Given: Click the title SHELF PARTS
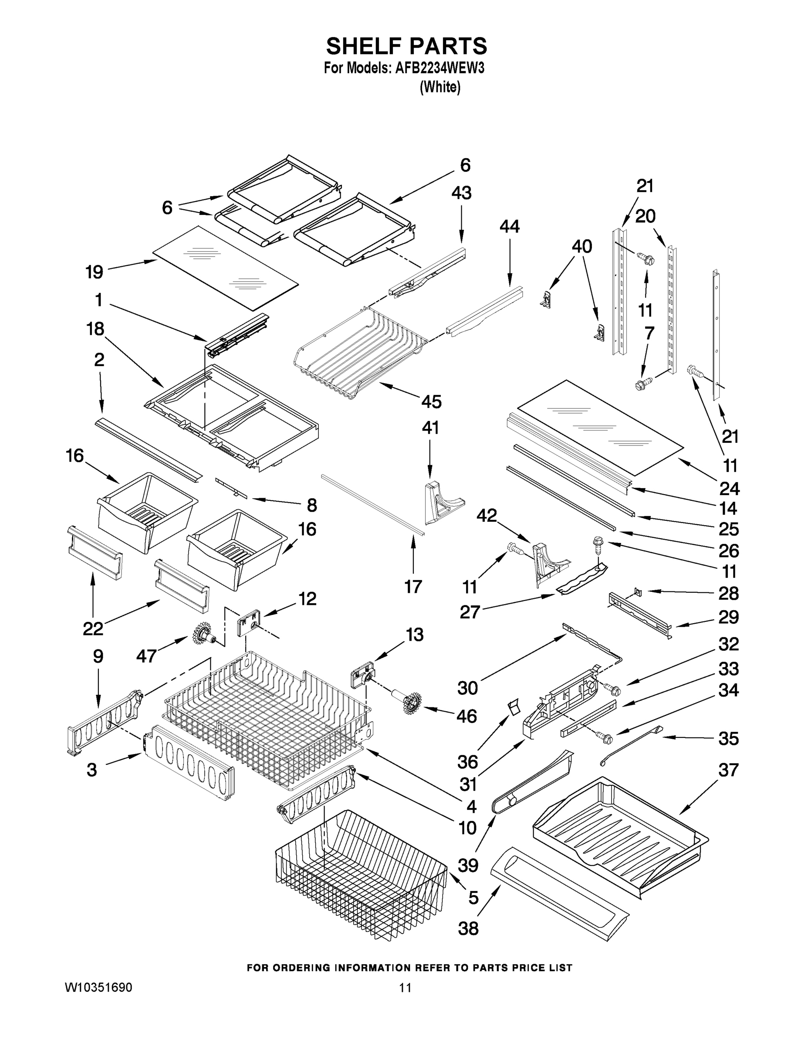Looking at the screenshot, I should pos(406,47).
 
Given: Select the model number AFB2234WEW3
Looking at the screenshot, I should pos(439,68).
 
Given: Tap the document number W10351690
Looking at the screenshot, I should pos(98,987).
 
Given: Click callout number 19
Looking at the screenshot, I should pos(94,272).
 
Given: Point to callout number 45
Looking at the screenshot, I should pos(431,401).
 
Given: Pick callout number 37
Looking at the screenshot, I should pos(728,771).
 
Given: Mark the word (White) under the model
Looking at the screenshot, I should pos(440,87).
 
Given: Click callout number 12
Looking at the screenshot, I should pos(308,598).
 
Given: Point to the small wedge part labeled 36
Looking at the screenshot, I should pos(513,706).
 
